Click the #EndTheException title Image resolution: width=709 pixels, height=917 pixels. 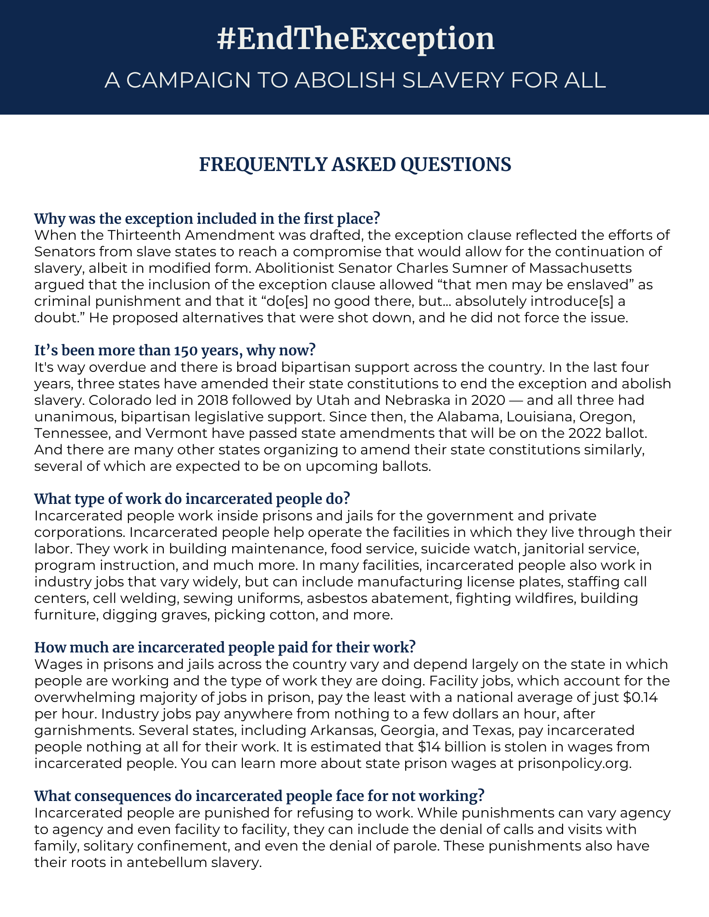(x=355, y=39)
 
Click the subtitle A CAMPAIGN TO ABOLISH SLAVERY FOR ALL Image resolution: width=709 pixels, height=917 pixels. (x=355, y=81)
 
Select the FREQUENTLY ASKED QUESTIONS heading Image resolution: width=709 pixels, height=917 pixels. (x=355, y=165)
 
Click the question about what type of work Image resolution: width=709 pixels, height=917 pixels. (x=192, y=499)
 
